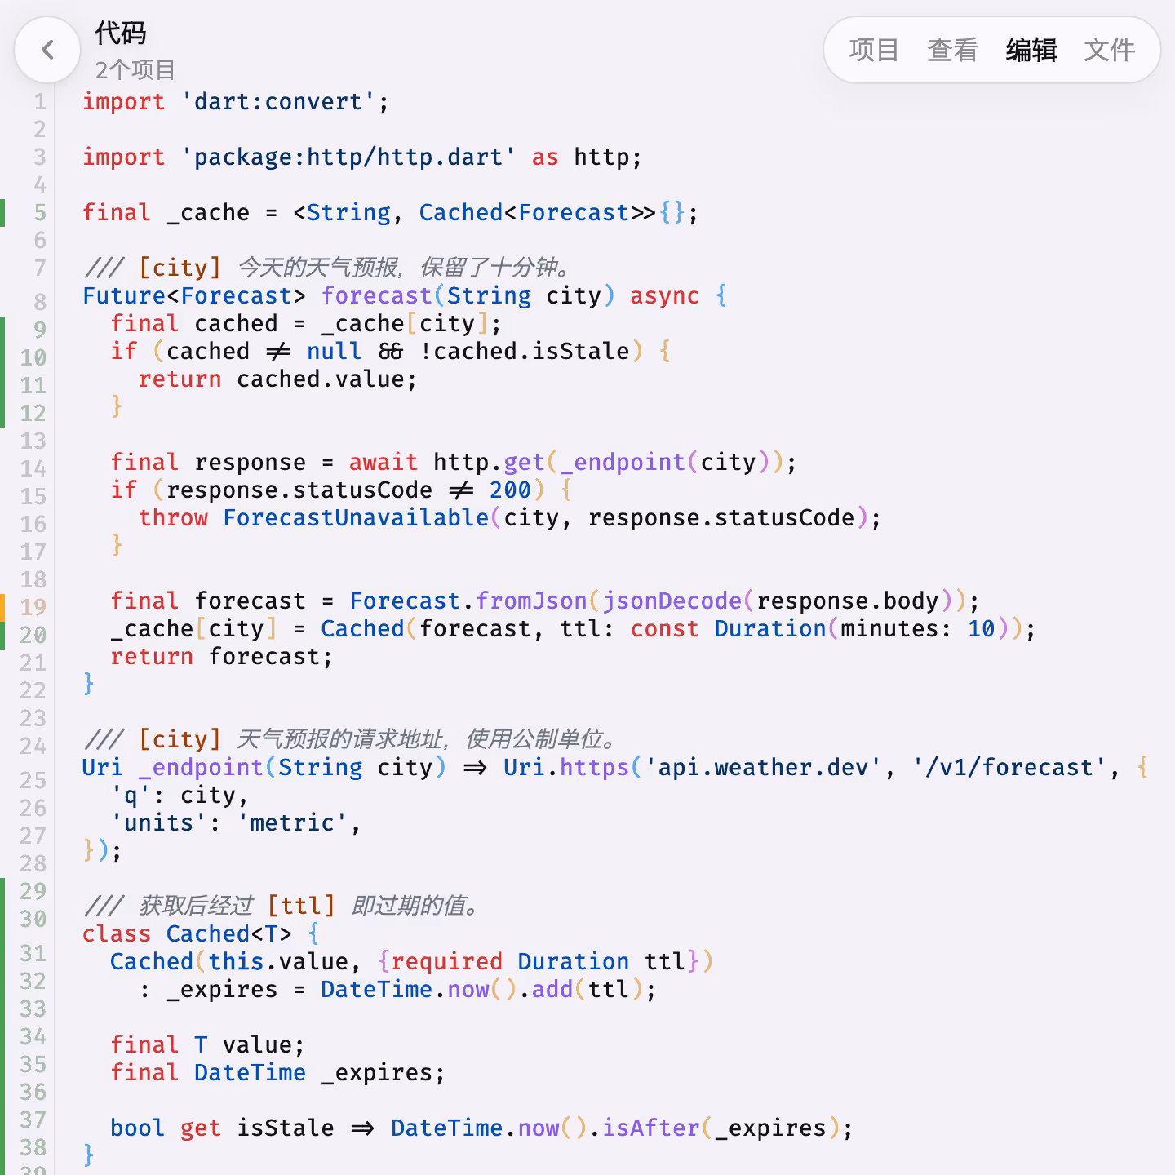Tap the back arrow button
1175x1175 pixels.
(47, 50)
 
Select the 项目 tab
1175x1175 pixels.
(874, 50)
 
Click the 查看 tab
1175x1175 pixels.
(952, 50)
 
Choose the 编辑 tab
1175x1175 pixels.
(1031, 50)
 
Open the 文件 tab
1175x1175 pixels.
(1109, 50)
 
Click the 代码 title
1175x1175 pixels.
(120, 33)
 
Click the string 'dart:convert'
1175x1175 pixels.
(278, 102)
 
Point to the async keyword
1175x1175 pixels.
(665, 296)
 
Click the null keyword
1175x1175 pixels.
(335, 352)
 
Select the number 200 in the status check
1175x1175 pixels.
(510, 490)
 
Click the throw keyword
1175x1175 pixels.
(173, 518)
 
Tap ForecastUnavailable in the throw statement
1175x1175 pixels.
(356, 518)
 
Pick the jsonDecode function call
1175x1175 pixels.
(672, 601)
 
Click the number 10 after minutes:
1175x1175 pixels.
(981, 629)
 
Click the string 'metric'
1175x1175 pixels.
(292, 823)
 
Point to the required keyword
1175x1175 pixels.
(447, 962)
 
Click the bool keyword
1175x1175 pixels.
(137, 1128)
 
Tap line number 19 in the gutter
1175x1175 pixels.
(33, 607)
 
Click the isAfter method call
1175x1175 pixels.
(650, 1128)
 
